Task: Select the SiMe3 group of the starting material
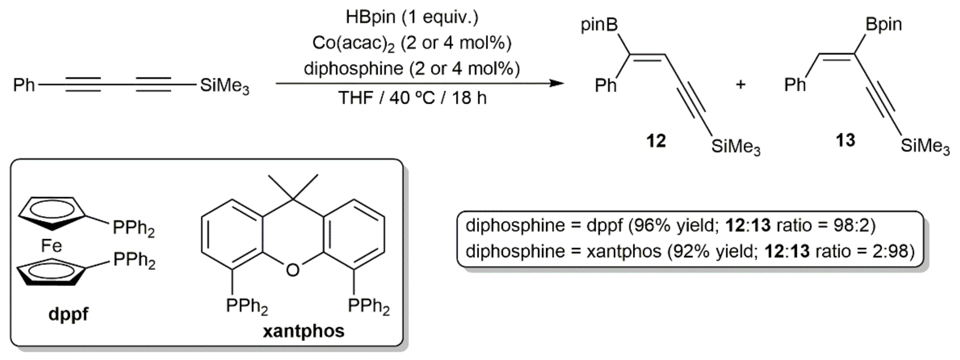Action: pyautogui.click(x=224, y=86)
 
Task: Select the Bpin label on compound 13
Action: pyautogui.click(x=884, y=25)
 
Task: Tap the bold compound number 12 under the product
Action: pyautogui.click(x=656, y=141)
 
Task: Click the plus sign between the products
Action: pyautogui.click(x=740, y=85)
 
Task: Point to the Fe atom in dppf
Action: pyautogui.click(x=51, y=246)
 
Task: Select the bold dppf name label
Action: pyautogui.click(x=68, y=314)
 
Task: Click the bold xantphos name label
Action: pyautogui.click(x=304, y=331)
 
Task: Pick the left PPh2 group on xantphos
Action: pyautogui.click(x=247, y=306)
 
